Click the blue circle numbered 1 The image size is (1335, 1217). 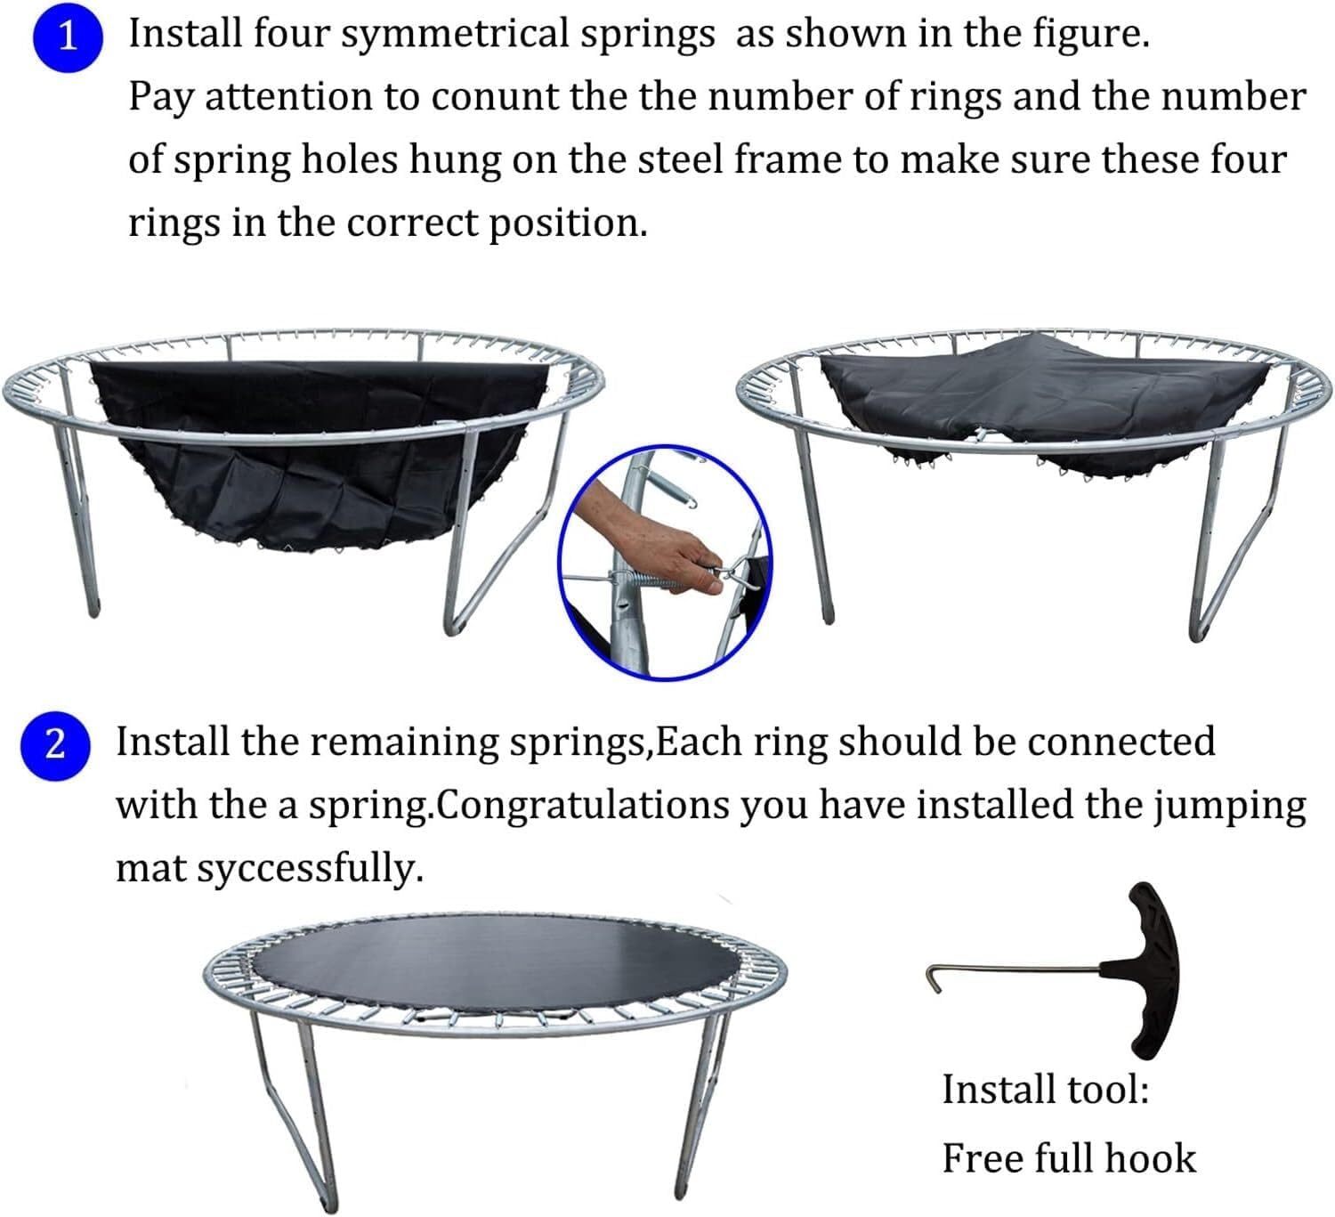(x=67, y=37)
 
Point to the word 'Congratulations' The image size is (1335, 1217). (x=584, y=806)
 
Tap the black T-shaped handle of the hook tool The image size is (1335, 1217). (x=1147, y=970)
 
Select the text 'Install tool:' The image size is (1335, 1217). (x=1045, y=1089)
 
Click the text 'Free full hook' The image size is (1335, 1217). (x=1068, y=1158)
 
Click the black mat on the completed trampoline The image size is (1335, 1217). (x=498, y=961)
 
